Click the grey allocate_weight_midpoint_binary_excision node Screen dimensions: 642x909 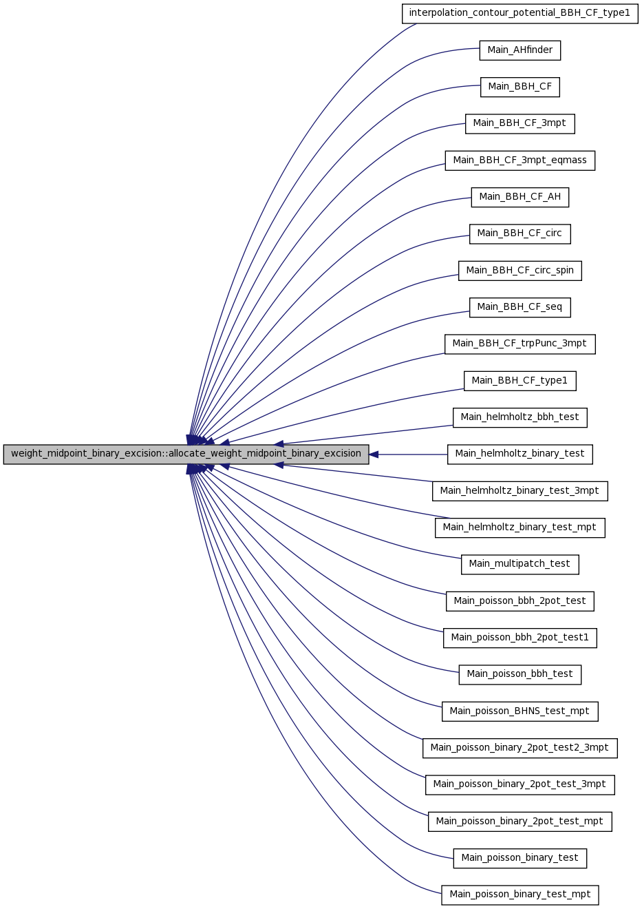tap(186, 454)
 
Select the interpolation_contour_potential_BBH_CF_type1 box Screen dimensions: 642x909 tap(520, 13)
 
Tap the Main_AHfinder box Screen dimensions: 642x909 tap(520, 50)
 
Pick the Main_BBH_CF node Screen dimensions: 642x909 tap(520, 87)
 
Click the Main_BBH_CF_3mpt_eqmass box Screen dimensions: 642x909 tap(520, 160)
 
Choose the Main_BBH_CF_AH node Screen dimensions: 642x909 tap(520, 197)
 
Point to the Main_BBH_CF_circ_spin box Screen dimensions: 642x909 tap(520, 271)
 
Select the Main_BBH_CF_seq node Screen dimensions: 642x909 tap(520, 307)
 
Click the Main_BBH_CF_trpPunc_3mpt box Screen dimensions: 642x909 tap(520, 344)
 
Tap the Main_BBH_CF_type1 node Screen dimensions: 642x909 tap(520, 381)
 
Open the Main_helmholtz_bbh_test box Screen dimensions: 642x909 tap(520, 417)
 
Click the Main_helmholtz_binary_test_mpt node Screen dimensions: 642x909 tap(520, 527)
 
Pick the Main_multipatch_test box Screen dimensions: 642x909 tap(520, 565)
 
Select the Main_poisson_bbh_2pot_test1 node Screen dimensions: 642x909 tap(520, 638)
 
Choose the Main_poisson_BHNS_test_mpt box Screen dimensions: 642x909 tap(520, 711)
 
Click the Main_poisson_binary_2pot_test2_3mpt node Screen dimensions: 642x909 tap(520, 748)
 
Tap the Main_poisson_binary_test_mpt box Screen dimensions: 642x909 tap(520, 895)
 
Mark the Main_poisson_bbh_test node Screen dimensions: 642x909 tap(520, 674)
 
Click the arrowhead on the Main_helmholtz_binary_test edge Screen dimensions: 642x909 tap(374, 454)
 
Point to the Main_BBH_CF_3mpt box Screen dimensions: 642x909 tap(520, 124)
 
